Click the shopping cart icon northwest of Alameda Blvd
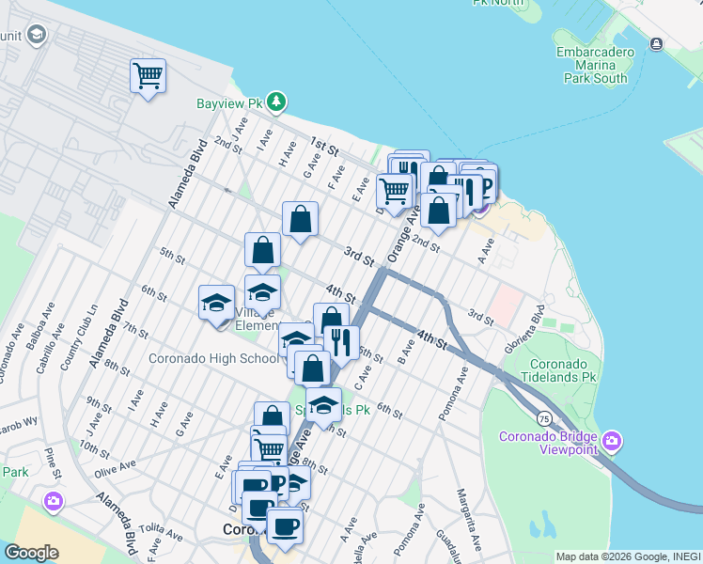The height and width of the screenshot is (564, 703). tap(148, 75)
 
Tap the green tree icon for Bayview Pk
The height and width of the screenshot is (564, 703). tap(275, 102)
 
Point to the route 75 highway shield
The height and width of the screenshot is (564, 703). tap(544, 416)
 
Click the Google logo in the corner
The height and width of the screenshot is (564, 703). tap(31, 553)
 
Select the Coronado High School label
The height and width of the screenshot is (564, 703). tap(213, 358)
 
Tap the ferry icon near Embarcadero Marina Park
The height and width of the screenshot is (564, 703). tap(656, 44)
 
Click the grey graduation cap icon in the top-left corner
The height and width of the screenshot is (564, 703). tap(37, 36)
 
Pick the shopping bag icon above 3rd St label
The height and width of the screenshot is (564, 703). tap(300, 221)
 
